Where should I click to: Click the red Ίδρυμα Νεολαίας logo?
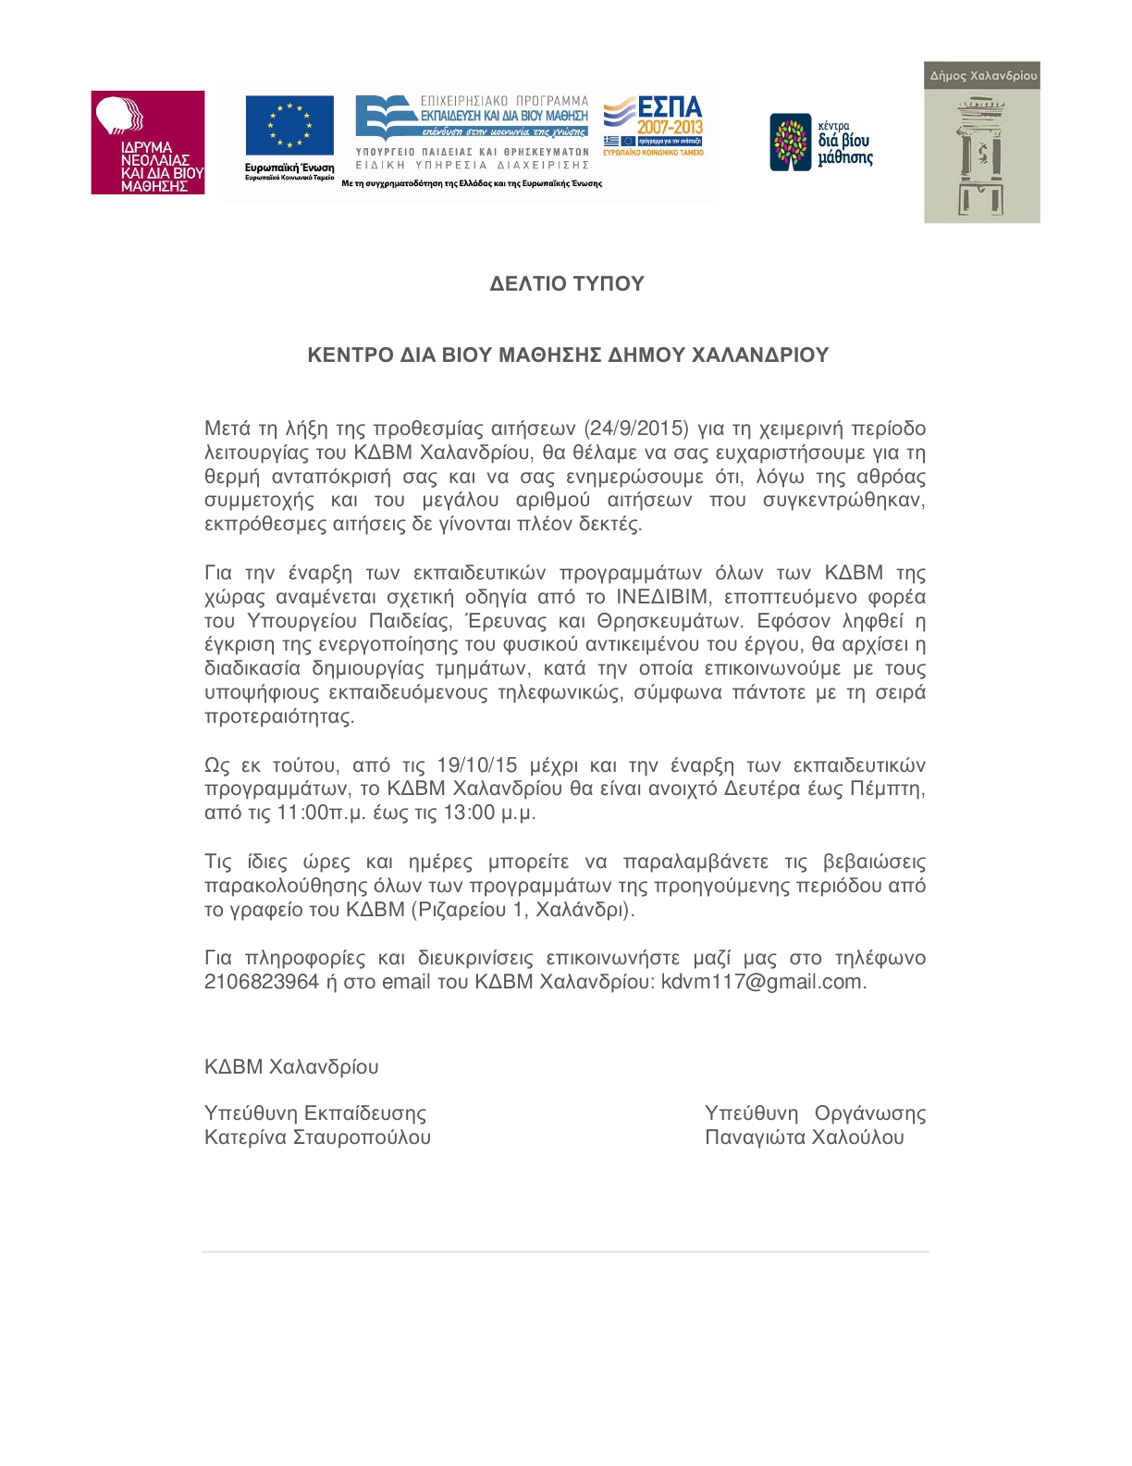147,143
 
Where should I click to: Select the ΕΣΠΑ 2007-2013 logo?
654,125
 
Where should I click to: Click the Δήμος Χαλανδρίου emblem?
981,143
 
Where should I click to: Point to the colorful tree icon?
791,142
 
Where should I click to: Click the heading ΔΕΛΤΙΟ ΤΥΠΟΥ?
566,284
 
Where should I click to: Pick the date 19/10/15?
477,765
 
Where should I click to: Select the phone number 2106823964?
262,982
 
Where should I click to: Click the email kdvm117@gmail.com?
763,982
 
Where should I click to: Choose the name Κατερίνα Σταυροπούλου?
317,1137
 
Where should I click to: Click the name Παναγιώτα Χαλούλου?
805,1137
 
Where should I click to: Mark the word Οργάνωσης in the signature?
870,1113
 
